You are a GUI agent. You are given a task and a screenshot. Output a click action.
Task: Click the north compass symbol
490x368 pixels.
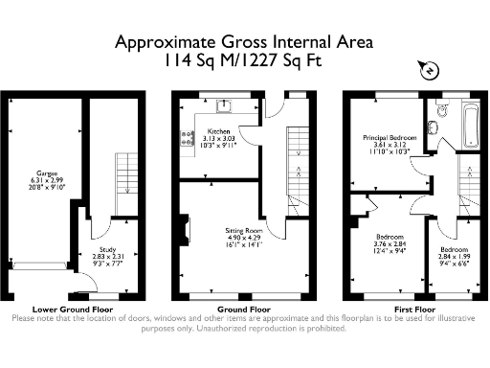pos(428,70)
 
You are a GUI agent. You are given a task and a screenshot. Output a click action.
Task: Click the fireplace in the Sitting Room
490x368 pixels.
pos(189,235)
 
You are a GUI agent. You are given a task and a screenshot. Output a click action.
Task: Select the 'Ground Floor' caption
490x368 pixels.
pos(225,310)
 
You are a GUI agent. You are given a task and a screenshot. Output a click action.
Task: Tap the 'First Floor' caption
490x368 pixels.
pos(412,310)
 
